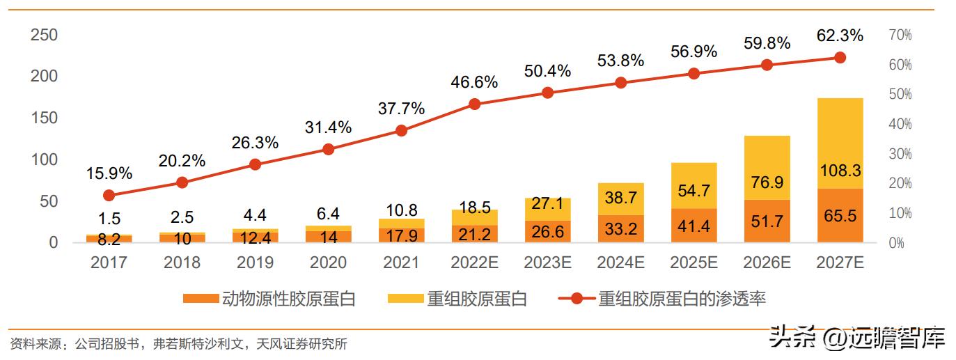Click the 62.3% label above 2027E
(x=840, y=35)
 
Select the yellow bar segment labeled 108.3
(x=840, y=143)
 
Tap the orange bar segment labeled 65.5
(x=840, y=216)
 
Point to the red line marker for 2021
(x=401, y=130)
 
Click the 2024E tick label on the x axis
(x=621, y=263)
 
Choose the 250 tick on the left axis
(x=44, y=35)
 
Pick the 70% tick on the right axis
(x=899, y=35)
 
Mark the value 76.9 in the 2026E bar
(x=767, y=182)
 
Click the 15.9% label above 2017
(x=109, y=173)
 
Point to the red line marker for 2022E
(x=475, y=104)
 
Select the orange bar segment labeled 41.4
(x=694, y=226)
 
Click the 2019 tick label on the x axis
(x=255, y=263)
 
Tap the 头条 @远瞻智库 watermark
(x=857, y=338)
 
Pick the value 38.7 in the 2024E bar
(x=621, y=198)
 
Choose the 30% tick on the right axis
(x=899, y=154)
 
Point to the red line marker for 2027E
(x=840, y=58)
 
